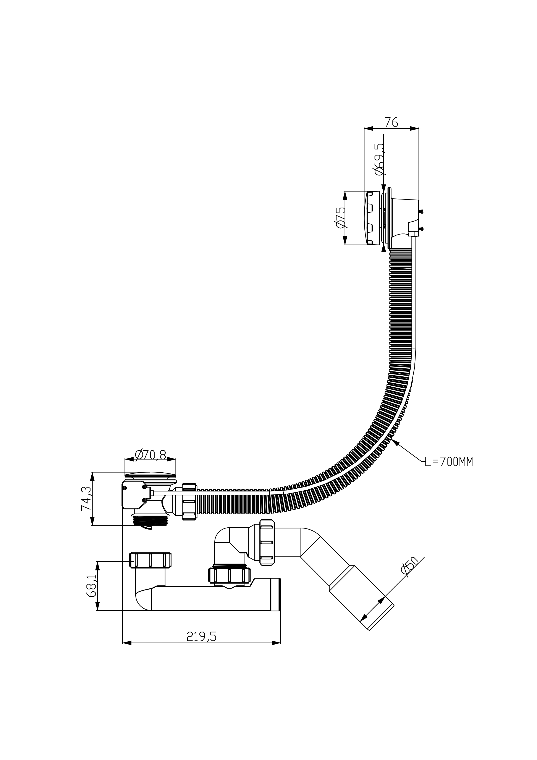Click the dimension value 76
tap(391, 122)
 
